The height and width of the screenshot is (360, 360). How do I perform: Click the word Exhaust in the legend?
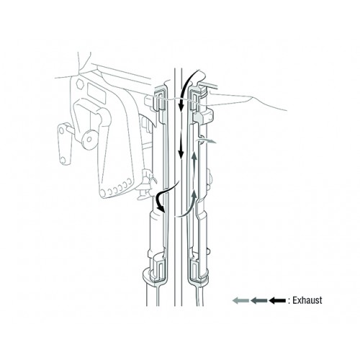point(307,300)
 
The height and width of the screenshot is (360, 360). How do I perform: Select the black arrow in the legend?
point(277,300)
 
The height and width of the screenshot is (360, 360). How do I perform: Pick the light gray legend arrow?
point(240,300)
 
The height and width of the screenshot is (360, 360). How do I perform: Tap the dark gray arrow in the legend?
point(259,300)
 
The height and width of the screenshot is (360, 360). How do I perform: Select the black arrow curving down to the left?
point(161,196)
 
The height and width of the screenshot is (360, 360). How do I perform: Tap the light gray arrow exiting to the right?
point(207,140)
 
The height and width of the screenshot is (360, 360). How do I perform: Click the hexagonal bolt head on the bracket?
point(79,84)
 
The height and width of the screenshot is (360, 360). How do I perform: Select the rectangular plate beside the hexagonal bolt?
point(96,94)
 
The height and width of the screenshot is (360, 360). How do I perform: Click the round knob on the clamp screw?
point(89,140)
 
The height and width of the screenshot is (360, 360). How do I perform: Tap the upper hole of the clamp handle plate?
point(62,130)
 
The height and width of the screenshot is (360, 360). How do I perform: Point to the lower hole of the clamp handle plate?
point(63,160)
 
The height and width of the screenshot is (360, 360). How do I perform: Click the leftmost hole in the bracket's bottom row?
point(103,192)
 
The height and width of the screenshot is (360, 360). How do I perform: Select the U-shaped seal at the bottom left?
point(157,270)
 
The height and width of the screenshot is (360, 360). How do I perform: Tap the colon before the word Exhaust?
point(289,301)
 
